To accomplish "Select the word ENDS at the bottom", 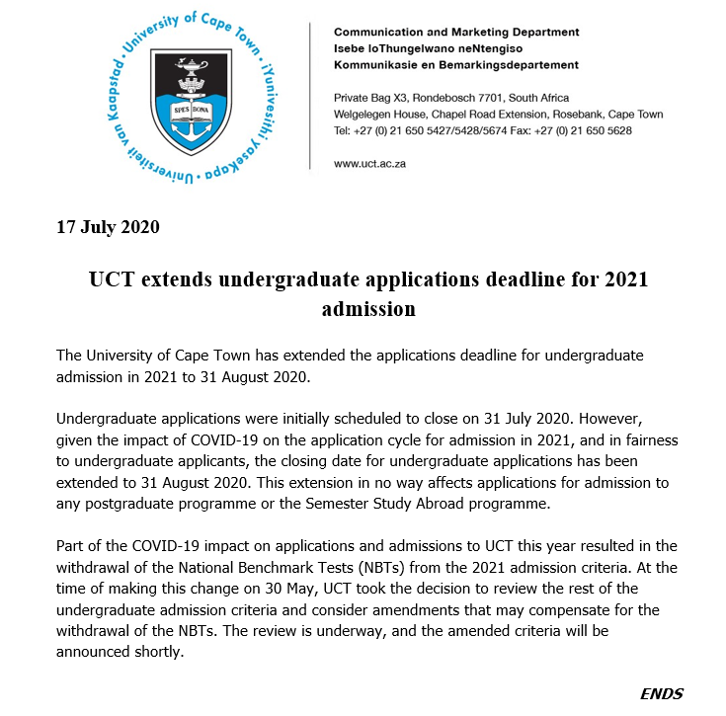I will click(x=662, y=693).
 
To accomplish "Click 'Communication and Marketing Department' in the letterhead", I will click(x=456, y=32).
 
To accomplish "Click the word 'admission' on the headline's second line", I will click(x=368, y=309).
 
